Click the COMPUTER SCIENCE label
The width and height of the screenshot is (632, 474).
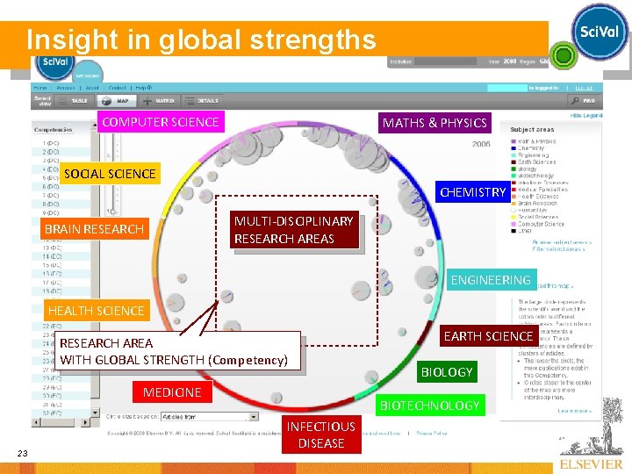click(161, 121)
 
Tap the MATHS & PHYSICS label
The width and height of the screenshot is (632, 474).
click(434, 123)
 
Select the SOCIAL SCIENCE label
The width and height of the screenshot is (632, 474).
click(110, 174)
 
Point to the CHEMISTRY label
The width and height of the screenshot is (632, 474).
click(473, 192)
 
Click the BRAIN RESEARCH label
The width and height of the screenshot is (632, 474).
click(93, 229)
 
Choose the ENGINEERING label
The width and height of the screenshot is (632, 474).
click(490, 280)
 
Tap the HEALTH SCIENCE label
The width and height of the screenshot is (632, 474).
click(96, 311)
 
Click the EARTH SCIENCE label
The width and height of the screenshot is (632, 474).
click(488, 336)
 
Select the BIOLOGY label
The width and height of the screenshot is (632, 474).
click(447, 372)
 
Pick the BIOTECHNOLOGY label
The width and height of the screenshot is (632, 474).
click(429, 406)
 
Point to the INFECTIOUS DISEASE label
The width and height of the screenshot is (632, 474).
click(321, 434)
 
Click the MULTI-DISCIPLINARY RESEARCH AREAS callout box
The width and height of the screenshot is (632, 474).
click(293, 230)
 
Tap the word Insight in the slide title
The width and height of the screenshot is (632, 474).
click(61, 40)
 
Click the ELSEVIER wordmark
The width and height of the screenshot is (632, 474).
click(590, 463)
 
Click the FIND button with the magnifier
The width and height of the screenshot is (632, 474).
click(583, 101)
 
